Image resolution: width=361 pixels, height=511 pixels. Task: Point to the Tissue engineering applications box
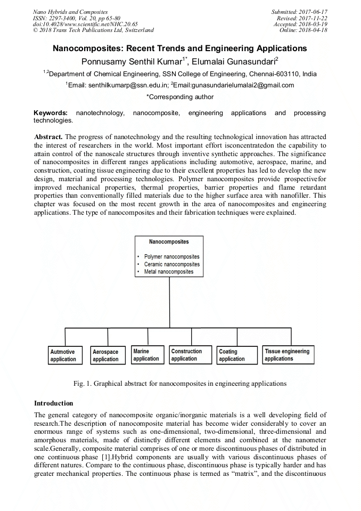[x=288, y=355]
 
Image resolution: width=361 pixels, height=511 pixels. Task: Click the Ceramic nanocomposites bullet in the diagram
[x=171, y=264]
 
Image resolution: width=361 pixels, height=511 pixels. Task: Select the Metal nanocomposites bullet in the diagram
[x=169, y=272]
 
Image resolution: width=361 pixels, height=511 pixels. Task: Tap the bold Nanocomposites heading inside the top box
[x=169, y=242]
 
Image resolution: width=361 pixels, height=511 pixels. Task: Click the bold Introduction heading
[x=53, y=403]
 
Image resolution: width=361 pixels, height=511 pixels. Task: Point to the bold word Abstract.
[x=48, y=137]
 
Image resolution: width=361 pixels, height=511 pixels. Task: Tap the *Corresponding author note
[x=180, y=97]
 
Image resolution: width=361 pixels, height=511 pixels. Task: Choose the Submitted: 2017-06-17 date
[x=299, y=12]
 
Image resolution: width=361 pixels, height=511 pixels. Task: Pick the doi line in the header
[x=85, y=24]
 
